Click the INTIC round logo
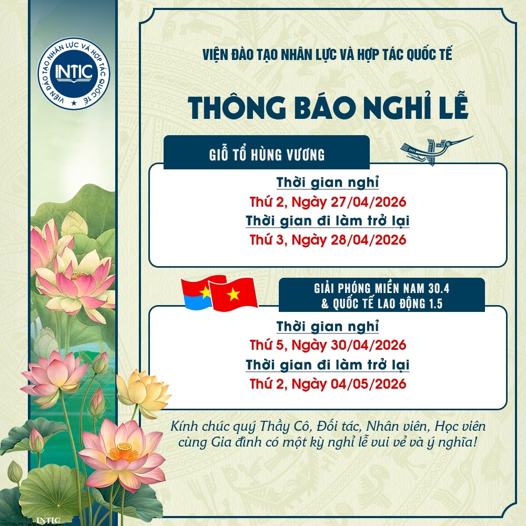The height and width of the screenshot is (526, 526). [74, 73]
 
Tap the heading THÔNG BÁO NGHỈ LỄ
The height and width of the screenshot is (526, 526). [328, 107]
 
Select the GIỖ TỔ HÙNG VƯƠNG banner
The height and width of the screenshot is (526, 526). [267, 153]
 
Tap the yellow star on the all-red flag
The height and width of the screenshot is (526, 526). [233, 295]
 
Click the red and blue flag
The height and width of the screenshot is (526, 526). [196, 293]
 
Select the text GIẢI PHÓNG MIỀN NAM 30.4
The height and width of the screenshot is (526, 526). [381, 288]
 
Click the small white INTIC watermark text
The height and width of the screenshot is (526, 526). [48, 520]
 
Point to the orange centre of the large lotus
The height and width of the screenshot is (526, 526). [124, 451]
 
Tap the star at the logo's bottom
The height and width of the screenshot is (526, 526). [74, 103]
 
